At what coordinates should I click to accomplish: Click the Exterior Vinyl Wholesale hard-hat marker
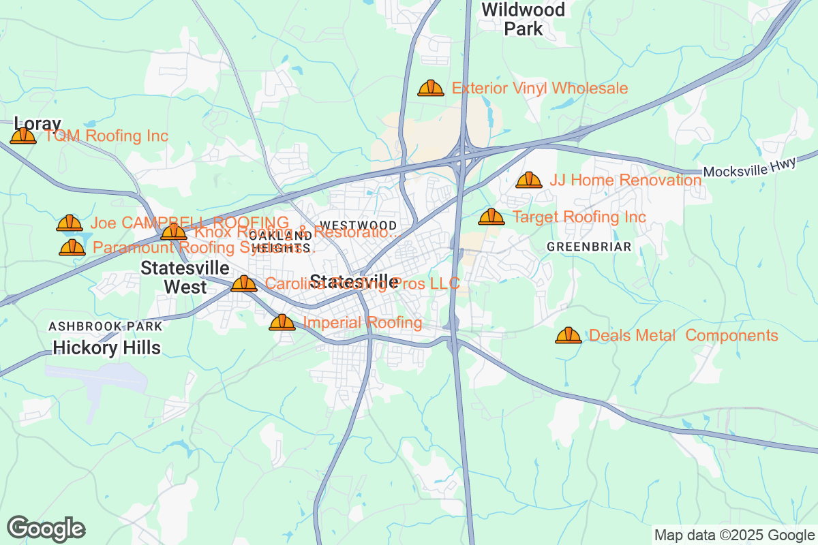(x=430, y=88)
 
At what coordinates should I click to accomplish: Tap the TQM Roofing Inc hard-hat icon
(x=23, y=136)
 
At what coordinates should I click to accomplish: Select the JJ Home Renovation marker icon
(x=528, y=180)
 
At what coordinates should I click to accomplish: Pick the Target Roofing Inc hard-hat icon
(x=491, y=217)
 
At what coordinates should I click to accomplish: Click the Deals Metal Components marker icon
(x=568, y=335)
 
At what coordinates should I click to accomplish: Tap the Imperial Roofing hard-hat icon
(x=282, y=322)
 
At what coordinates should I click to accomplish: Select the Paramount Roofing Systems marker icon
(x=72, y=247)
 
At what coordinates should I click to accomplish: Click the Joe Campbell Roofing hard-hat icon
(x=69, y=223)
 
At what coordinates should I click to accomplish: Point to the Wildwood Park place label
(x=524, y=19)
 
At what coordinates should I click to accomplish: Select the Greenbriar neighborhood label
(x=589, y=247)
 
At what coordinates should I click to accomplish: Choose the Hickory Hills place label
(x=107, y=348)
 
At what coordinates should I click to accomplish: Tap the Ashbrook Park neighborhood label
(x=106, y=327)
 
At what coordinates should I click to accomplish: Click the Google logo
(x=46, y=529)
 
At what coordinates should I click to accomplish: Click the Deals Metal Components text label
(x=683, y=335)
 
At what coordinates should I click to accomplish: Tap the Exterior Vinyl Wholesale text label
(x=540, y=88)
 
